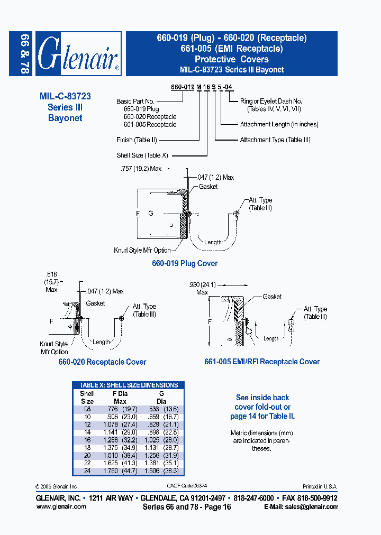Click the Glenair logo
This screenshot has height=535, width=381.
pyautogui.click(x=78, y=53)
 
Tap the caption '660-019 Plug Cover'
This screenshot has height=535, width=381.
pyautogui.click(x=185, y=263)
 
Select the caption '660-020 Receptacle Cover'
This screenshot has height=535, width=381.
pyautogui.click(x=102, y=362)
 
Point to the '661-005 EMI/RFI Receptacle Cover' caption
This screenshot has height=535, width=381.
pyautogui.click(x=262, y=362)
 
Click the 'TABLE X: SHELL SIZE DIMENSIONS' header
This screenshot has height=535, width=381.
pyautogui.click(x=129, y=385)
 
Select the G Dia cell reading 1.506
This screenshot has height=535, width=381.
pyautogui.click(x=155, y=471)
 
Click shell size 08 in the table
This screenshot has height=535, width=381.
pyautogui.click(x=87, y=409)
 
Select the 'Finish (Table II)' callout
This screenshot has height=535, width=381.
pyautogui.click(x=137, y=140)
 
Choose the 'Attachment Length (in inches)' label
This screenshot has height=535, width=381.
pyautogui.click(x=279, y=125)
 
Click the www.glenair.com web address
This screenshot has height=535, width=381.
pyautogui.click(x=61, y=506)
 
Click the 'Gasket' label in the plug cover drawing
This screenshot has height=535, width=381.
pyautogui.click(x=208, y=187)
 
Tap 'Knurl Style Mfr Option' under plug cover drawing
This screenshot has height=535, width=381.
pyautogui.click(x=142, y=250)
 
